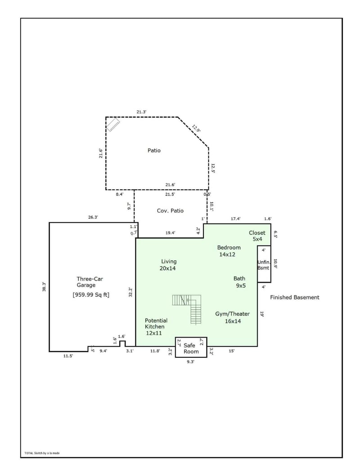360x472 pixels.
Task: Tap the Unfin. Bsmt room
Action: pos(264,264)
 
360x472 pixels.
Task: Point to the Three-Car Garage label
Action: pos(86,282)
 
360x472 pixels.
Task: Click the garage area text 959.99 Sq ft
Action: pos(91,295)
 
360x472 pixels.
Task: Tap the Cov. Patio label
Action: pos(170,210)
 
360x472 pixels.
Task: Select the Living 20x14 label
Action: pos(169,265)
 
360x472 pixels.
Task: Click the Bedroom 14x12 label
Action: pos(229,251)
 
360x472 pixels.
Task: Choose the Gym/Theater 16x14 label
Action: pos(232,317)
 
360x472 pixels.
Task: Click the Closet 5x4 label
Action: pos(257,236)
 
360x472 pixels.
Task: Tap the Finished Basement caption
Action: pos(294,297)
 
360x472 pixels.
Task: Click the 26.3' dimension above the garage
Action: pos(93,217)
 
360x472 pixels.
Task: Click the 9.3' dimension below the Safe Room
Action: pos(190,361)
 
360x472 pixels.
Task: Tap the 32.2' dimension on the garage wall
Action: pos(130,292)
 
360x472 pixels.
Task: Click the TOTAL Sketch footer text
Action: pos(42,453)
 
